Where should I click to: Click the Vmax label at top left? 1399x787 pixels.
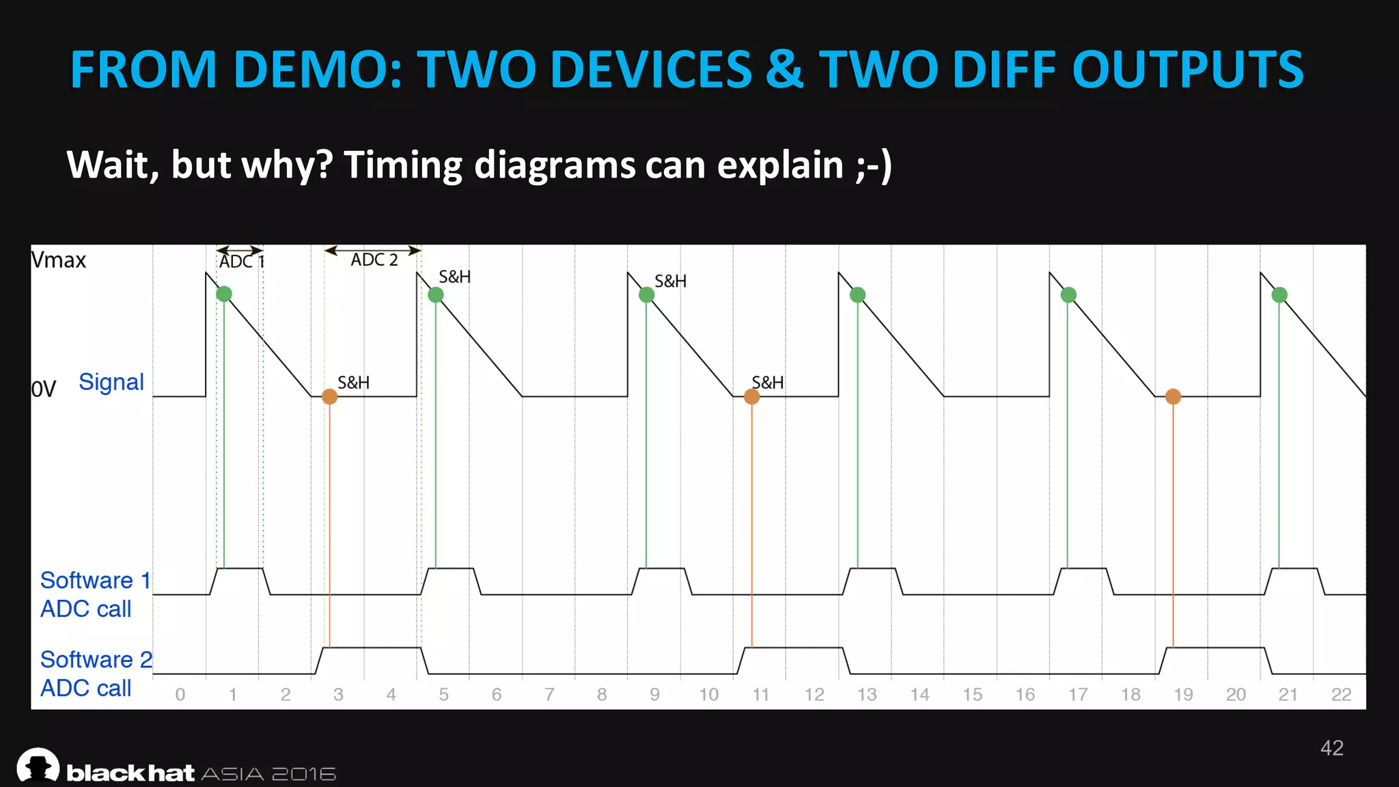[x=59, y=260]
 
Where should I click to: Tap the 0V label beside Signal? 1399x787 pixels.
[x=44, y=389]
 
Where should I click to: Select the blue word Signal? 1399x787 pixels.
[x=111, y=382]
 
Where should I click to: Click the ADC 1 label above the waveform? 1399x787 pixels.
[x=241, y=262]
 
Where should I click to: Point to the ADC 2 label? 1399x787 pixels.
[x=374, y=260]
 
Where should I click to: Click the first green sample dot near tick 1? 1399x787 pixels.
[x=224, y=294]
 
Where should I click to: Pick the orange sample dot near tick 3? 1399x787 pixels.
[x=329, y=396]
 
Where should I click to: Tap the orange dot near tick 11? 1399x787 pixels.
[x=751, y=396]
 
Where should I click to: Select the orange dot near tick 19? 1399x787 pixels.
[x=1173, y=396]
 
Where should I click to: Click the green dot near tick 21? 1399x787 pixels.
[x=1279, y=295]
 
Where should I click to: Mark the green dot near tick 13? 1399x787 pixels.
[x=858, y=295]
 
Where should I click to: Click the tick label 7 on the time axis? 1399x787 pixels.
[x=549, y=695]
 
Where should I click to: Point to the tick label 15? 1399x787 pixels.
[x=972, y=695]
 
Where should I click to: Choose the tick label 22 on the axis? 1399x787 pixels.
[x=1341, y=695]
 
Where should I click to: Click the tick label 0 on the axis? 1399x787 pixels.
[x=180, y=695]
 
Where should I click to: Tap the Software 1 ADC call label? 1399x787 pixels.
[x=95, y=594]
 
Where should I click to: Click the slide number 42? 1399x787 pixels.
[x=1331, y=748]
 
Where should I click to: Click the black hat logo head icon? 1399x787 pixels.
[x=38, y=765]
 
